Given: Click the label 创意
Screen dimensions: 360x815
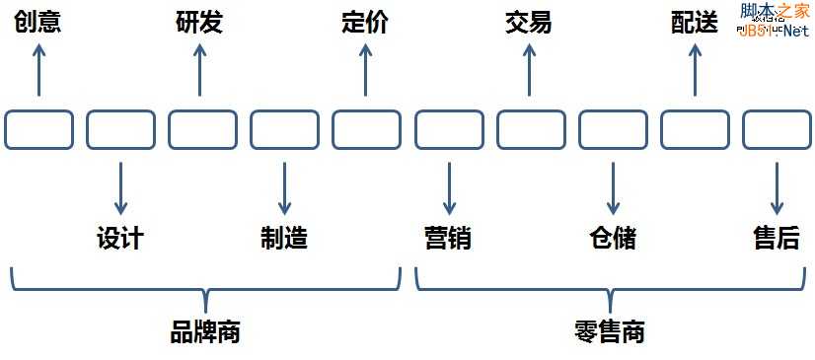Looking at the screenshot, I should [38, 23].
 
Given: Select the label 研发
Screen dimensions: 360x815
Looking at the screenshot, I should [199, 23].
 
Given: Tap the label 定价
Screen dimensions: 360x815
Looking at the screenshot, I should [365, 23].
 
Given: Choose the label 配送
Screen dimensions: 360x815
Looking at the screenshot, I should [695, 23].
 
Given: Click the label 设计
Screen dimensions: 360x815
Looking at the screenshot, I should [120, 238].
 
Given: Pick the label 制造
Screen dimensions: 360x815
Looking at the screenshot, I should [284, 238].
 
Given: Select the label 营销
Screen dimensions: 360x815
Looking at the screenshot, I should [448, 238].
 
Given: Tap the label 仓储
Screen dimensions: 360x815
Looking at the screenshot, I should [612, 238].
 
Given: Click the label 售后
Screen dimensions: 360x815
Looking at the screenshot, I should [776, 238].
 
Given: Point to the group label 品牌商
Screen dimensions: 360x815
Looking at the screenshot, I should [205, 331].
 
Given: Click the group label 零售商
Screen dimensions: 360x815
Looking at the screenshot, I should [609, 331].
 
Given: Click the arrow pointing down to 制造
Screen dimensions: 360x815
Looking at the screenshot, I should [284, 187].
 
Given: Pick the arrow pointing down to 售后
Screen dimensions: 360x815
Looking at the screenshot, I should [776, 187].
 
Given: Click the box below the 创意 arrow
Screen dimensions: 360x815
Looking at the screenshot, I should [39, 129].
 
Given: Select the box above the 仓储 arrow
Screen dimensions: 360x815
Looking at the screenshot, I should [613, 129].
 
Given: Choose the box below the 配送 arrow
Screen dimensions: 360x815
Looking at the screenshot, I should [695, 129].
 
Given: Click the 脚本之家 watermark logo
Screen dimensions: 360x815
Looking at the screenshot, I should [774, 20].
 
